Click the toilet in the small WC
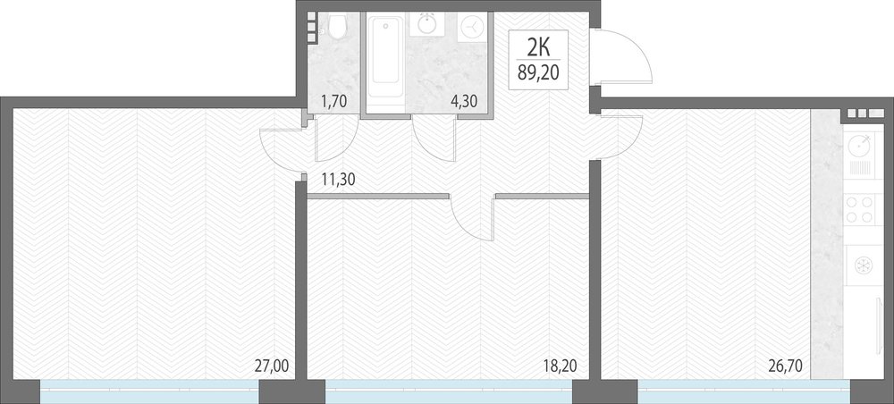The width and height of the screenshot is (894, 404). pos(337,27)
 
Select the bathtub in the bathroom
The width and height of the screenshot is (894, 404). pos(386,56)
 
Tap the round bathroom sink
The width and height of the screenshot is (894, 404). pos(427,25)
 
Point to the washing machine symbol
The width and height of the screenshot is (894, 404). pos(473,26)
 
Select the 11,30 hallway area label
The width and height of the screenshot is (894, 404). pos(339,180)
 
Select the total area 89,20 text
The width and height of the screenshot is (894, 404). pos(538,72)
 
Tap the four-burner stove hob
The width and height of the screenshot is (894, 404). pos(859,208)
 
